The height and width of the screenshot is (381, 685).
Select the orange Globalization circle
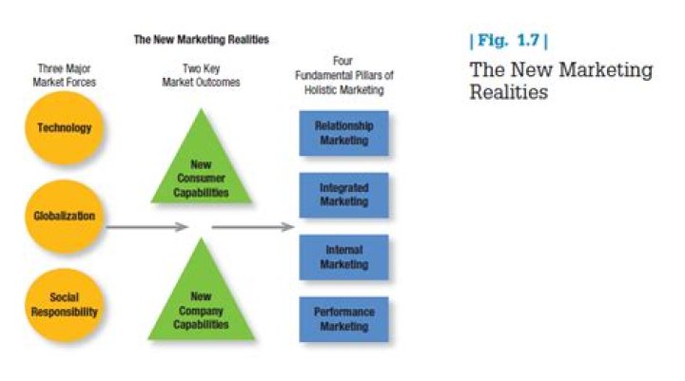point(65,216)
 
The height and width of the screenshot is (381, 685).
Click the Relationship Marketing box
point(343,133)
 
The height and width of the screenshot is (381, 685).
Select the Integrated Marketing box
point(343,196)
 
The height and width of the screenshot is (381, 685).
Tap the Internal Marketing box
point(343,257)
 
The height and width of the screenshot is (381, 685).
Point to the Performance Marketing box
point(343,319)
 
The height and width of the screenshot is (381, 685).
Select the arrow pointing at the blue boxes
point(252,228)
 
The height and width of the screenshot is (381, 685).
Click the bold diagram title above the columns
point(200,40)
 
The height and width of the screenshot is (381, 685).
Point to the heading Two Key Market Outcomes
point(200,74)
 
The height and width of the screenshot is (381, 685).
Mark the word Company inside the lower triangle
point(201,310)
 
